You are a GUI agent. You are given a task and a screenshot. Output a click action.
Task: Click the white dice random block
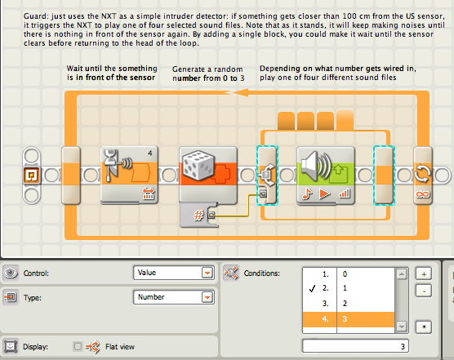coord(208,175)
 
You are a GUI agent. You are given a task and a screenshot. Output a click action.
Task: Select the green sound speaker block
coord(326,176)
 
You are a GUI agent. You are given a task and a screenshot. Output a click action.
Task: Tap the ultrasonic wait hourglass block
coord(129,176)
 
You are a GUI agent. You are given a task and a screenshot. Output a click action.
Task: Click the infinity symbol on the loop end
coord(422,194)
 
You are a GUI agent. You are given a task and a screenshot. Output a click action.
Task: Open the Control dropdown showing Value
coord(174,273)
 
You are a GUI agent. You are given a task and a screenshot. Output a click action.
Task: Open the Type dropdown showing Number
coord(174,297)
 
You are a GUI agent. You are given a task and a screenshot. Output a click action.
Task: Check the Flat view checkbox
coord(78,346)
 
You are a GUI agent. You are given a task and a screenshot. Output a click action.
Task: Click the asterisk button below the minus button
coord(424,327)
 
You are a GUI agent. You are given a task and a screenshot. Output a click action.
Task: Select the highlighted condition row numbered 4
coord(349,319)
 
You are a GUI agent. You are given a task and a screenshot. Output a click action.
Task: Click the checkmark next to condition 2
coord(312,288)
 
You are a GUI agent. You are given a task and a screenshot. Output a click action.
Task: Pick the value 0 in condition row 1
coord(345,273)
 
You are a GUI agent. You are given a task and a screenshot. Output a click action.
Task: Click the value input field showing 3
coord(355,346)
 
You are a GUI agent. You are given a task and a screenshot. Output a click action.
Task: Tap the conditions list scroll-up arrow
coord(402,273)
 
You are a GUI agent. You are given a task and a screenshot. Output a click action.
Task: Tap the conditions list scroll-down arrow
coord(402,327)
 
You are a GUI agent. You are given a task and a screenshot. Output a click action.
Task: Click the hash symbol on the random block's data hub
coord(198,216)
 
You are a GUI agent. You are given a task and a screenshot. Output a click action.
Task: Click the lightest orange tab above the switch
coord(345,120)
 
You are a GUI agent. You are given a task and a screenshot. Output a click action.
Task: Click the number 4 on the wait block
coord(149,153)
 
